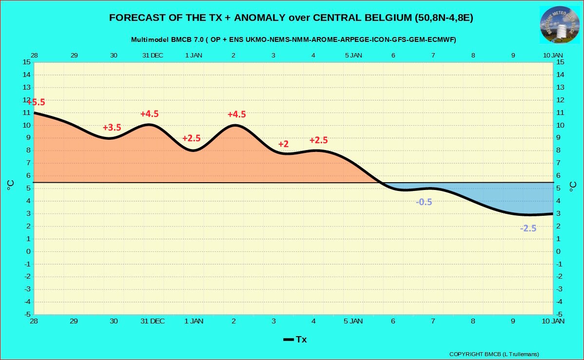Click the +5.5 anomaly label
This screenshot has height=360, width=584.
[x=36, y=102]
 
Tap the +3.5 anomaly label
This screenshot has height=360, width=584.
[x=112, y=127]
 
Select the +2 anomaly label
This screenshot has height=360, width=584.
[x=283, y=144]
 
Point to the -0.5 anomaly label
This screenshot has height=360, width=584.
[x=424, y=202]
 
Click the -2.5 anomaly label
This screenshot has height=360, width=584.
[x=528, y=228]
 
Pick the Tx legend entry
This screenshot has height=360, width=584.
[x=295, y=339]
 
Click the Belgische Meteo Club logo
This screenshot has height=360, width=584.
[x=560, y=25]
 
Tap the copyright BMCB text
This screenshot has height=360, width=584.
[x=494, y=354]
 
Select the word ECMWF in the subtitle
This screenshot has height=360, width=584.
[x=443, y=39]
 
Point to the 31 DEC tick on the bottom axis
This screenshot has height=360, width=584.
[x=153, y=321]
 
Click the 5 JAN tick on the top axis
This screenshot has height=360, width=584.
[x=353, y=55]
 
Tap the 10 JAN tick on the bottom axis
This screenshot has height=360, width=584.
[x=553, y=321]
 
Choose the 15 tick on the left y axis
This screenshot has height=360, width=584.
[x=26, y=62]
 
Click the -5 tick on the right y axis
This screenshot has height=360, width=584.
[x=560, y=315]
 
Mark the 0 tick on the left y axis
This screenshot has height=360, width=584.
[x=28, y=251]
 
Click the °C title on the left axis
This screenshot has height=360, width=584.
[x=10, y=185]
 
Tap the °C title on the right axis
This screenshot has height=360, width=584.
[x=573, y=187]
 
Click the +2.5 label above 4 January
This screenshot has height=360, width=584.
[x=319, y=140]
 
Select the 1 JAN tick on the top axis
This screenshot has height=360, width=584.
[x=194, y=55]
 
